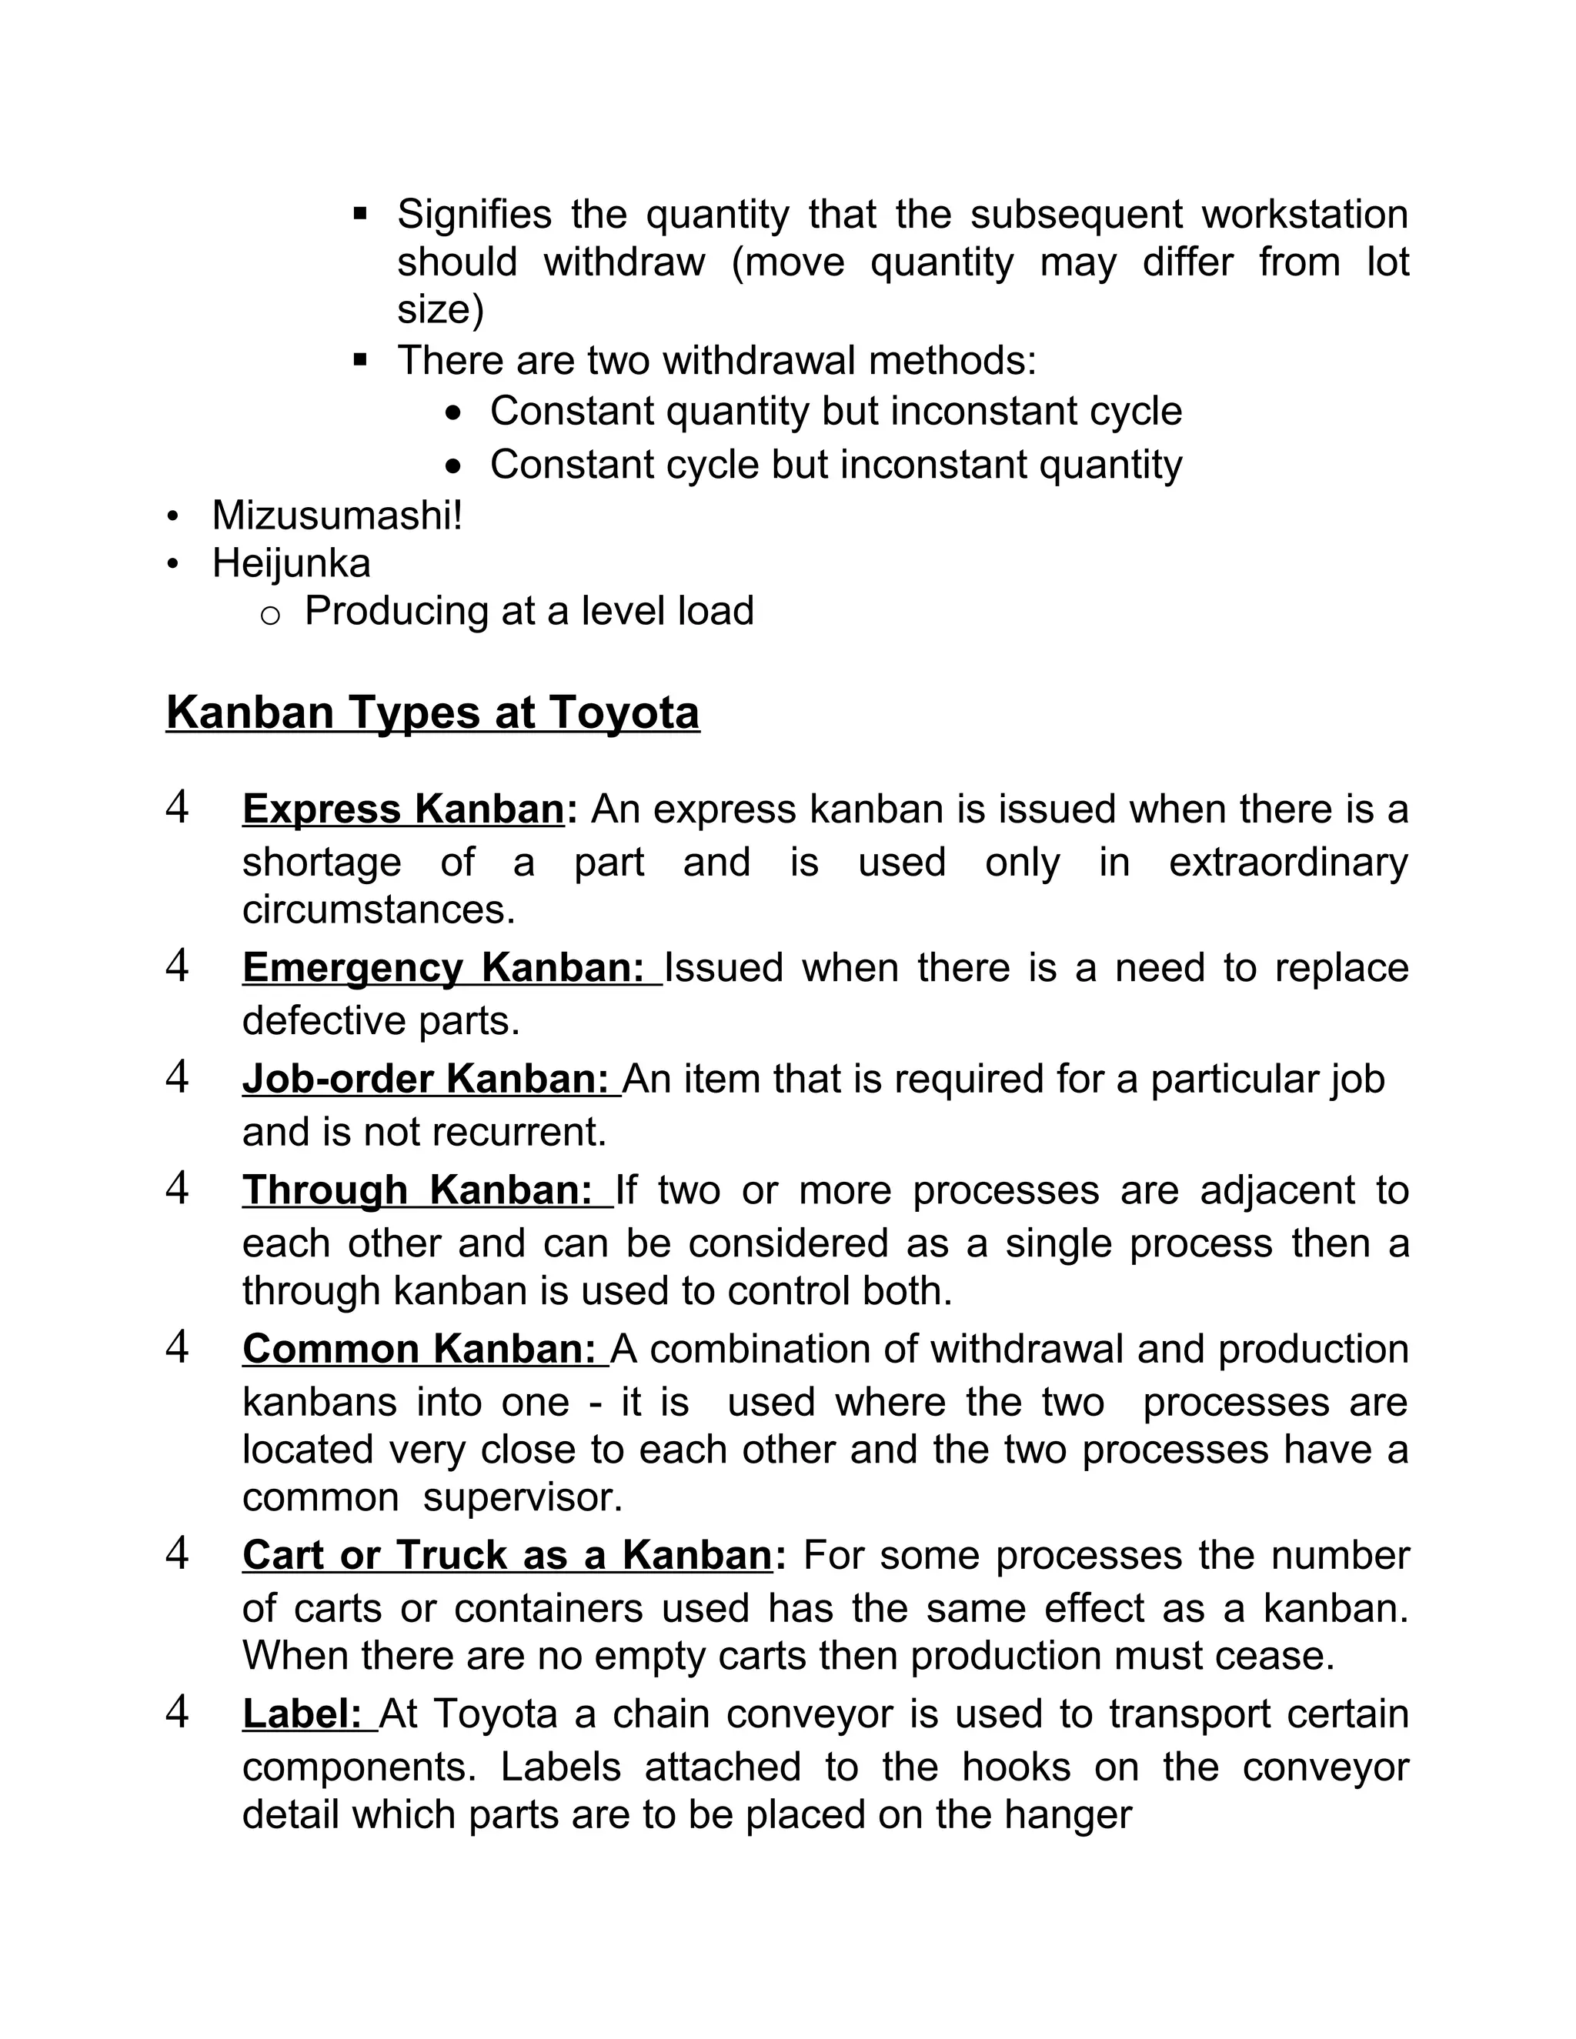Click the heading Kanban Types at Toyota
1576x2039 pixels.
(x=432, y=713)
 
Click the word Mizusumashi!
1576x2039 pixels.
(x=337, y=516)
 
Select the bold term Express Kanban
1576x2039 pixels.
(x=403, y=809)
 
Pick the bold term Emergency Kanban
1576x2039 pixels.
(x=443, y=967)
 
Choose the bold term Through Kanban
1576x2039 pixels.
(x=417, y=1190)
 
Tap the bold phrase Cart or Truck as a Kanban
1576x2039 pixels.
(x=507, y=1555)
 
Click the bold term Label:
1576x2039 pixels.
(x=302, y=1714)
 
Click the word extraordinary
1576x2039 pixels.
(x=1287, y=863)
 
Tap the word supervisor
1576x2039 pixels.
(x=522, y=1497)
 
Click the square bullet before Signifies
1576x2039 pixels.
(x=360, y=215)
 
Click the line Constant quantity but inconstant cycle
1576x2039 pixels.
(x=836, y=412)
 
